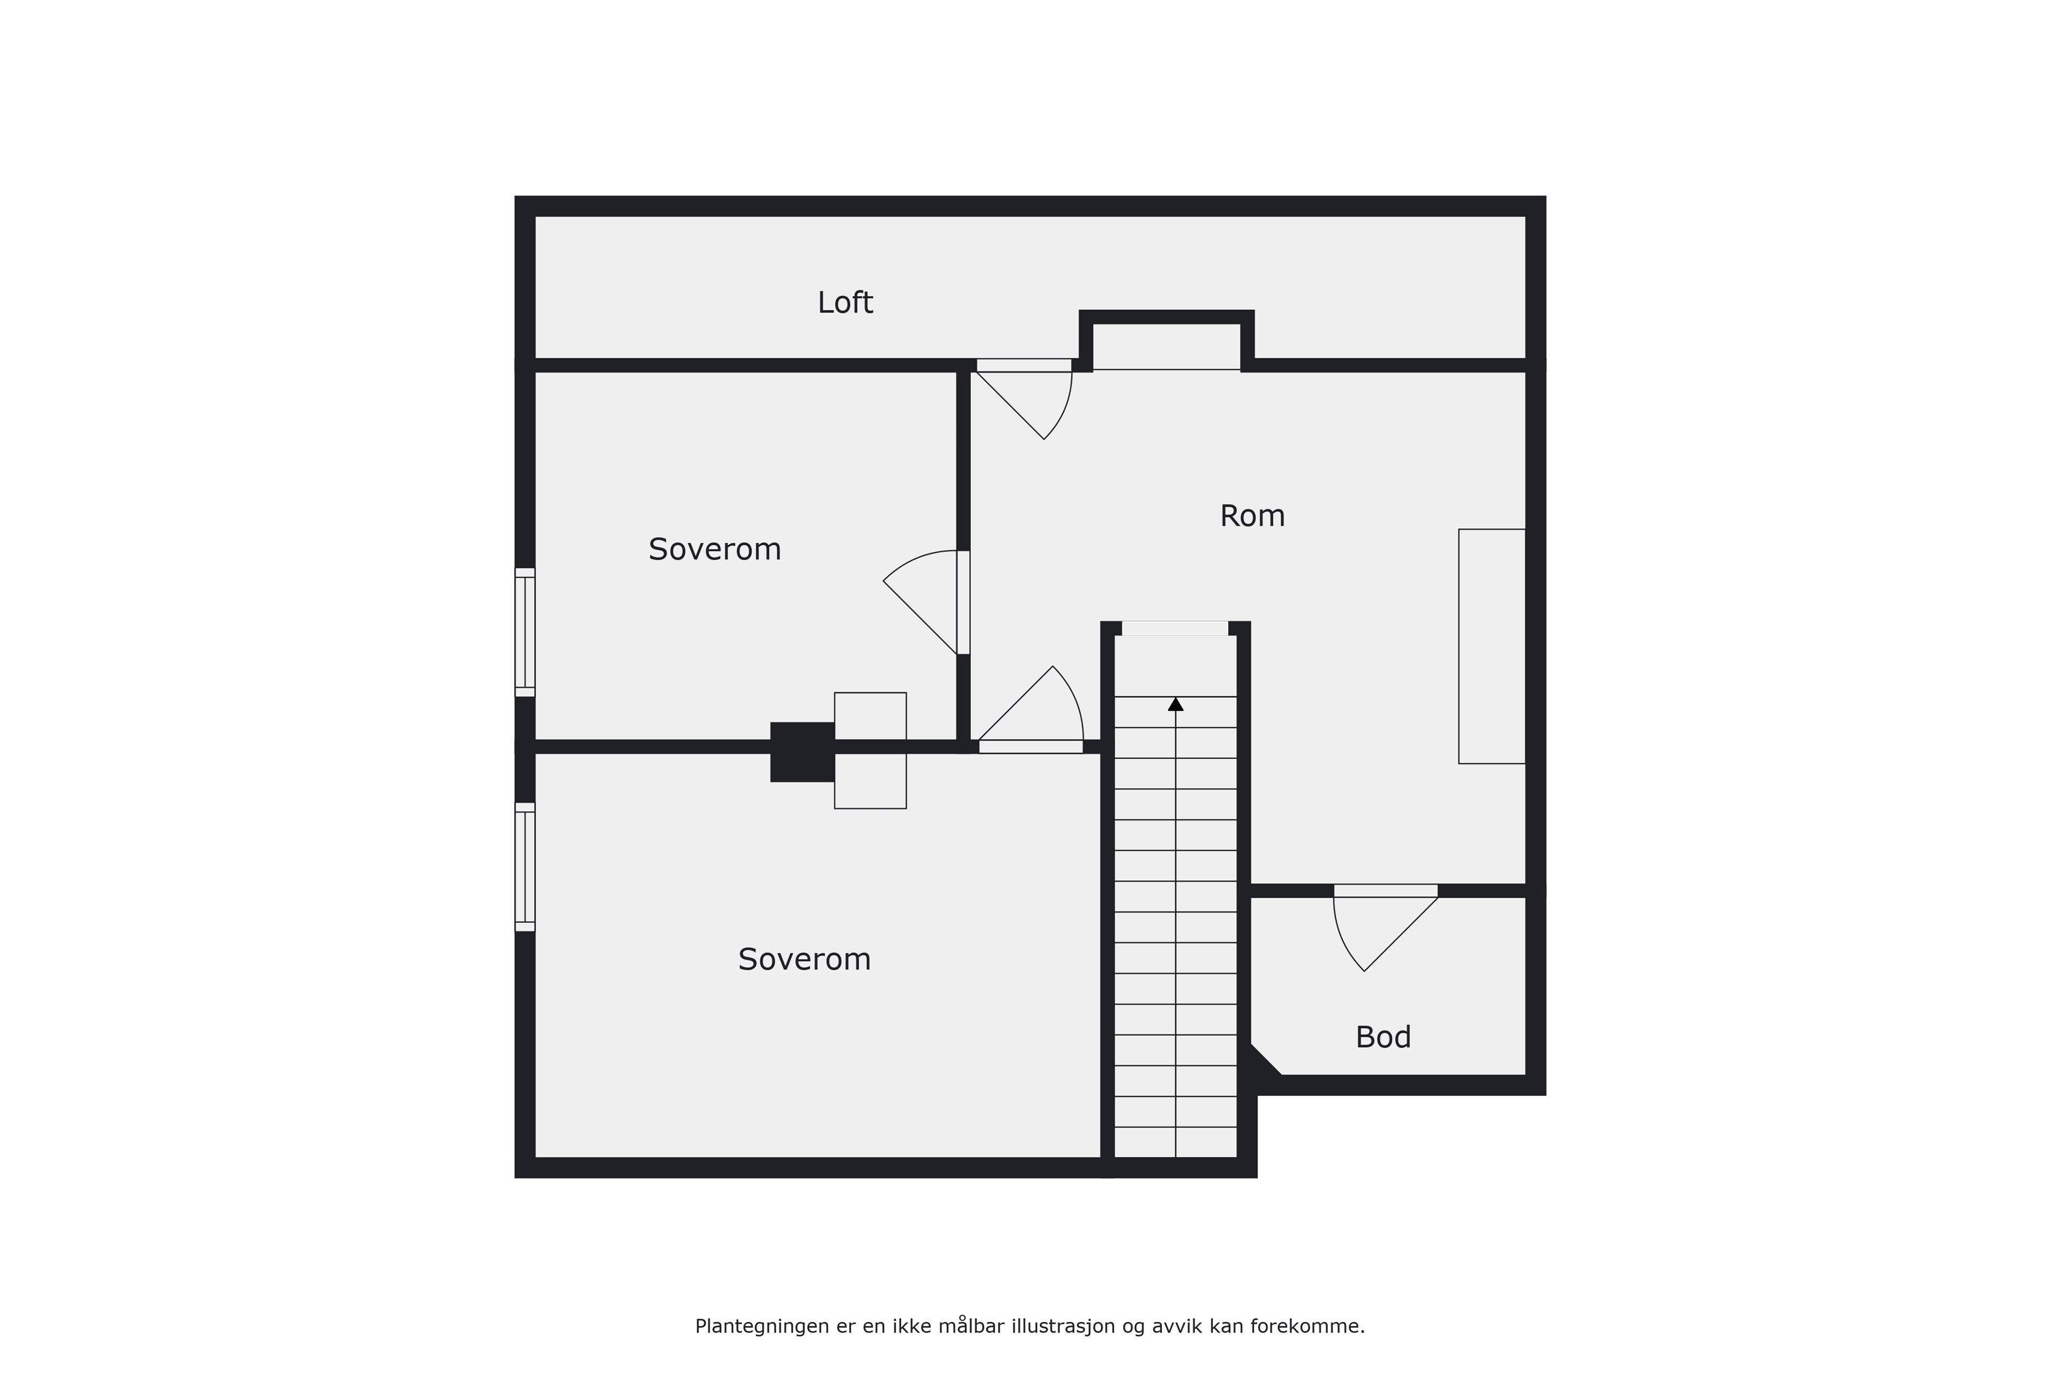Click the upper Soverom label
(714, 550)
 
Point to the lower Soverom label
(805, 960)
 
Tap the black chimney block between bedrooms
(802, 752)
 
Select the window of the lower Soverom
(525, 867)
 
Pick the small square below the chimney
(870, 781)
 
